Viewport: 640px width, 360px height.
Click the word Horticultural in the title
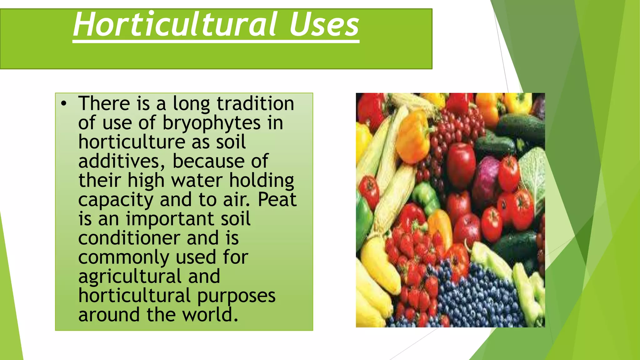click(175, 24)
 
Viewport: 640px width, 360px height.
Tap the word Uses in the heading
click(324, 24)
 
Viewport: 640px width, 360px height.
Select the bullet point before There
click(64, 104)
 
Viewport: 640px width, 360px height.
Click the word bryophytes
click(212, 123)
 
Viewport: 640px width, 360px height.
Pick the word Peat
click(277, 200)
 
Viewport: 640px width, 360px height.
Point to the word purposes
click(236, 296)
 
